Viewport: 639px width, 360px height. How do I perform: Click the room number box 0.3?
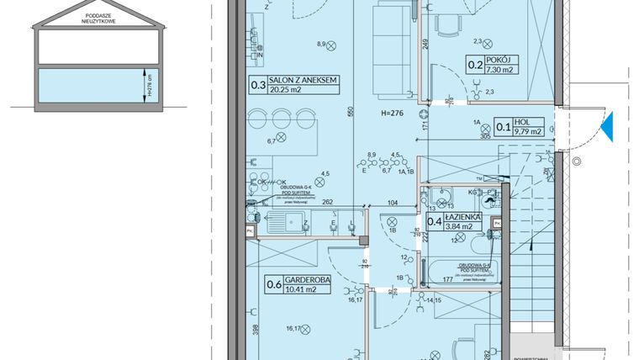256,82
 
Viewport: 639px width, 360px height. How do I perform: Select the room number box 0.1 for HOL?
502,128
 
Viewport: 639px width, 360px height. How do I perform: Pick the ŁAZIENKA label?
466,217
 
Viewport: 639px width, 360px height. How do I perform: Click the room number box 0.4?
435,221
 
